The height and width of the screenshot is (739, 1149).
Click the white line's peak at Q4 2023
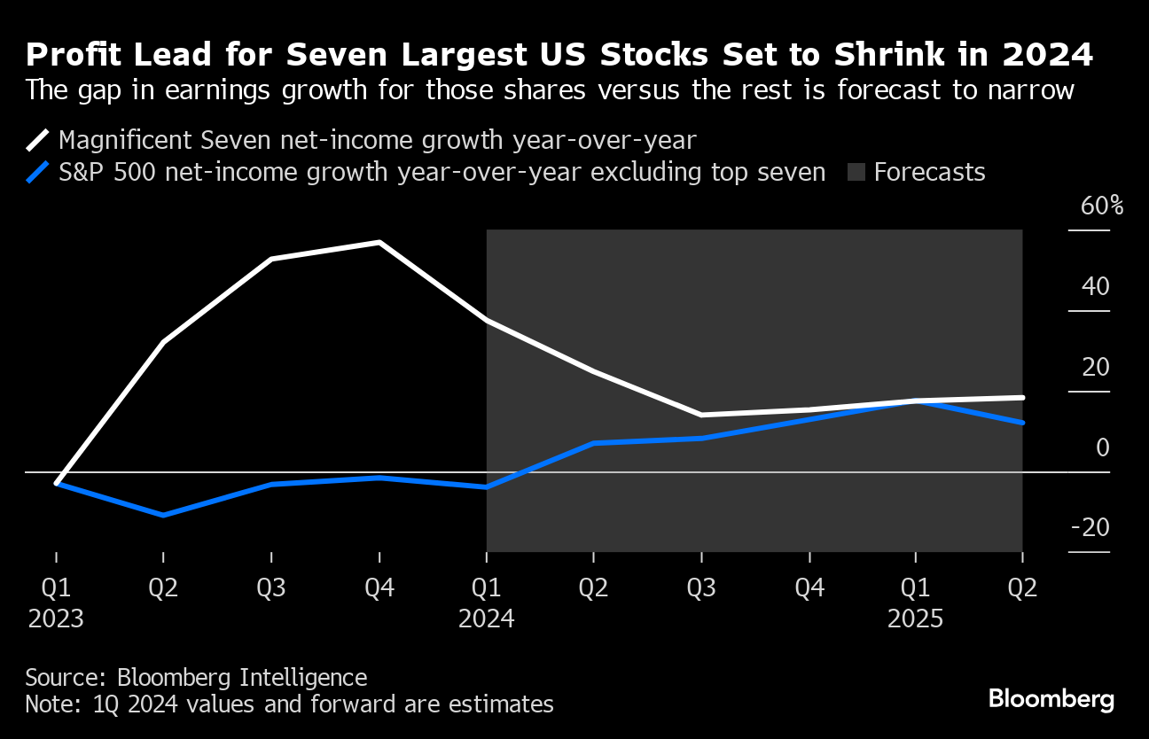pos(379,242)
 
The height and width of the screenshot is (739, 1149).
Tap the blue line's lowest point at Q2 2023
pos(163,515)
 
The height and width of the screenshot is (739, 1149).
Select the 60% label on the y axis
pos(1102,206)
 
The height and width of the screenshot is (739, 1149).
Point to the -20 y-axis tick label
pos(1090,528)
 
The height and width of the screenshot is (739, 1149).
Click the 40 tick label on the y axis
pos(1096,286)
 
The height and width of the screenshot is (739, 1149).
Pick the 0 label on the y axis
pos(1102,447)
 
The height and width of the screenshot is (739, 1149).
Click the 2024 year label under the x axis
pos(486,618)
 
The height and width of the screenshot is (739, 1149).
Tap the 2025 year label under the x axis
pos(916,618)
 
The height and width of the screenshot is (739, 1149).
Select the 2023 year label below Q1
pos(56,618)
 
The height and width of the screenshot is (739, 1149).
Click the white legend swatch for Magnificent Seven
pos(38,140)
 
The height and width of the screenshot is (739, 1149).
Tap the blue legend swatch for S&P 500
pos(38,172)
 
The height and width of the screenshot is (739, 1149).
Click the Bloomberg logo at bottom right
pos(1051,699)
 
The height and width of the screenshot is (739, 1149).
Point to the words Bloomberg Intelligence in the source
pos(242,678)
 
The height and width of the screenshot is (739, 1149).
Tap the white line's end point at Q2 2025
pos(1022,397)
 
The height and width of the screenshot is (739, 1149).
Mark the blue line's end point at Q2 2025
pos(1022,423)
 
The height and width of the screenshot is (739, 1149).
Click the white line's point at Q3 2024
pos(701,415)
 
